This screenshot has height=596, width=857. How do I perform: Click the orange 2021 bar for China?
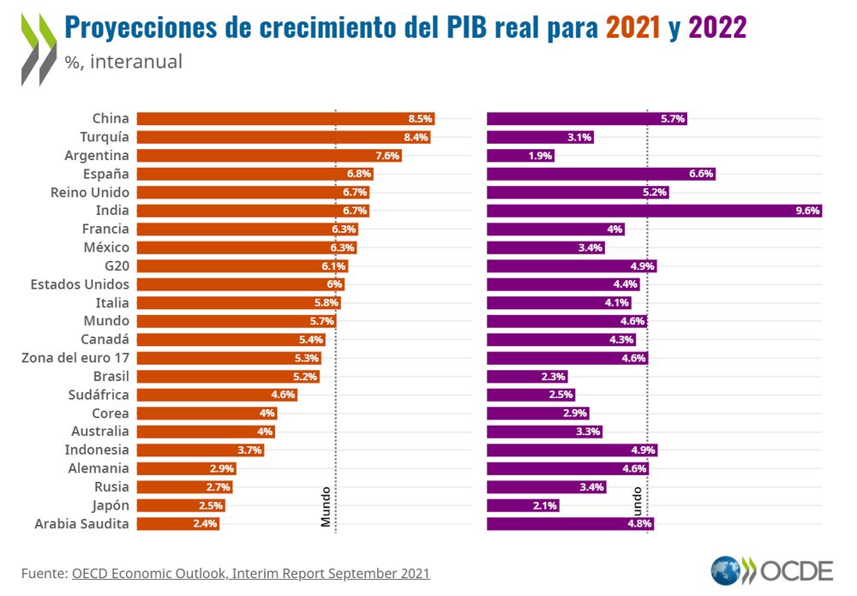point(283,119)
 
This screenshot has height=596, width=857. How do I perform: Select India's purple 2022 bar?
point(651,211)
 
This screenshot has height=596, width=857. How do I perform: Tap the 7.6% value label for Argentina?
point(387,156)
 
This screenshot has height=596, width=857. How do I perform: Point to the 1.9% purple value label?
point(541,156)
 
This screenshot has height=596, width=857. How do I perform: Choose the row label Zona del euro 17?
point(75,358)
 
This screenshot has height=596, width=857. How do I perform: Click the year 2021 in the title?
point(633,27)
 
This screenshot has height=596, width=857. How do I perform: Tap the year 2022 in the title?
point(716,27)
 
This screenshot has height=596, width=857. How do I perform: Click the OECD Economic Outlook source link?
point(250,573)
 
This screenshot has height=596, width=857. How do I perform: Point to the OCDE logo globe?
point(726,570)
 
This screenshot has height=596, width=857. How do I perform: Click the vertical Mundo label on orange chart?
point(326,506)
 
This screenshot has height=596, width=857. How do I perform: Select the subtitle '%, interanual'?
point(123,63)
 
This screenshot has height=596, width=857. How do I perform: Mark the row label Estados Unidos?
point(80,284)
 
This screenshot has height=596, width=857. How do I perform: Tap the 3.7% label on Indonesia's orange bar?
point(249,450)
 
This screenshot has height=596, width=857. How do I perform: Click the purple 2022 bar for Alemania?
point(566,468)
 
